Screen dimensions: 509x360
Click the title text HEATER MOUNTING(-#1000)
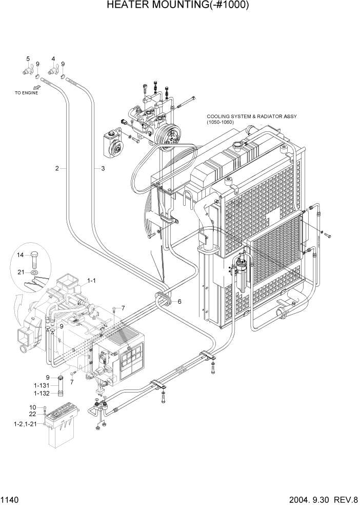pos(178,6)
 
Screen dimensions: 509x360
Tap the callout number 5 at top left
pos(28,58)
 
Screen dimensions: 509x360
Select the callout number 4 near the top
pos(53,58)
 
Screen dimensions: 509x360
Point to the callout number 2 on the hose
pos(57,168)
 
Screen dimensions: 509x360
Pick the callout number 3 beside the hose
pos(103,168)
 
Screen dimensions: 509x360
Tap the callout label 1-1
pos(91,281)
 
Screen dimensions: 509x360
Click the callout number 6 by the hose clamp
pos(179,302)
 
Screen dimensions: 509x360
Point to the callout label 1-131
pos(43,385)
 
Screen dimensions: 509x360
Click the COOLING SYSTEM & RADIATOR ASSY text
pos(251,116)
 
